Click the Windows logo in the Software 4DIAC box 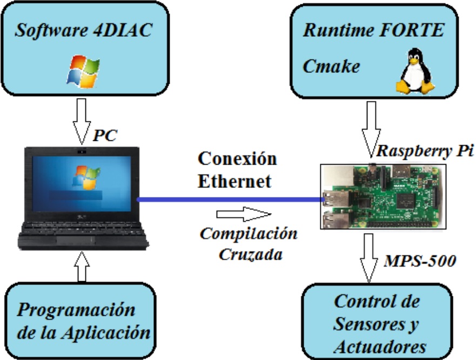point(83,71)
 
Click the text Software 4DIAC point(83,31)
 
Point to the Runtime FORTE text point(373,30)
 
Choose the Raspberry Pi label point(425,151)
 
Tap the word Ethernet point(234,181)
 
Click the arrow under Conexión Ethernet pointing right point(242,214)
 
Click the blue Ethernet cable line point(227,200)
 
